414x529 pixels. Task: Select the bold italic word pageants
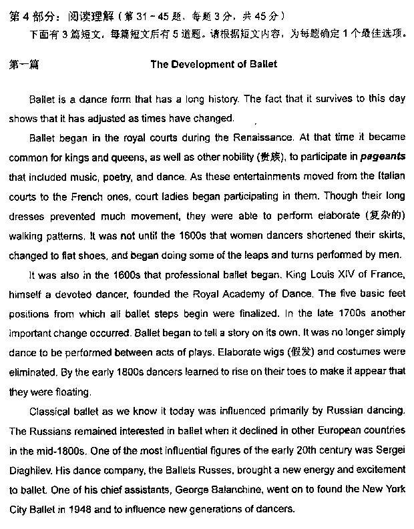pyautogui.click(x=383, y=158)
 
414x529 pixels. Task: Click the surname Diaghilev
pyautogui.click(x=33, y=450)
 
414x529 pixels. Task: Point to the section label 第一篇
pyautogui.click(x=24, y=65)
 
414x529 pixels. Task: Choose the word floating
pyautogui.click(x=70, y=392)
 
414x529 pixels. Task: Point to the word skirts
pyautogui.click(x=386, y=235)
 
